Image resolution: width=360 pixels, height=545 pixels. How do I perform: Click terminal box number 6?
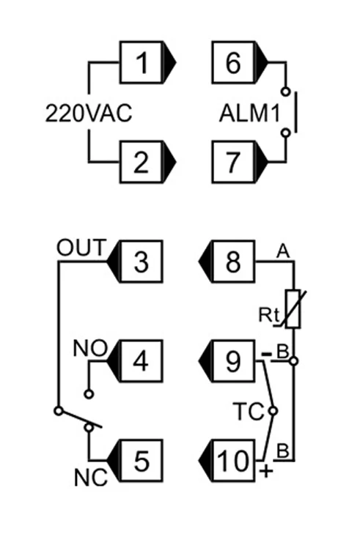pyautogui.click(x=232, y=66)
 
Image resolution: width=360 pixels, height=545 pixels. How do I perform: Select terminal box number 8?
pyautogui.click(x=232, y=261)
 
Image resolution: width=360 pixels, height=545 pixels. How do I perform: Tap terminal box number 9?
pyautogui.click(x=232, y=361)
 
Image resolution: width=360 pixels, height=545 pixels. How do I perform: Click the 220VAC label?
pyautogui.click(x=89, y=114)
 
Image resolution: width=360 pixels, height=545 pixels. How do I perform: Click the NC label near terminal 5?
pyautogui.click(x=91, y=477)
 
